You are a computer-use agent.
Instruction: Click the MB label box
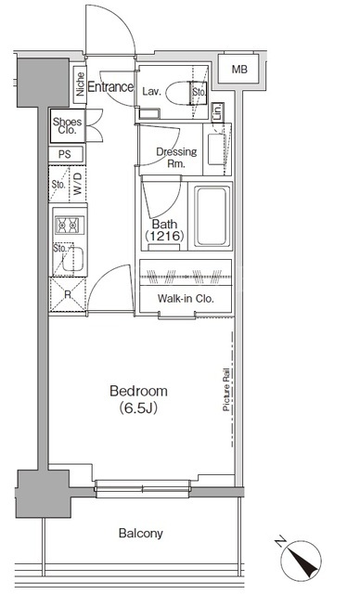click(238, 69)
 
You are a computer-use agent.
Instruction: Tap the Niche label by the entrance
click(80, 84)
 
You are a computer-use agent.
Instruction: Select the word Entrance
click(110, 86)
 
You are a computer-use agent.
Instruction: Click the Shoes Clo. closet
click(68, 126)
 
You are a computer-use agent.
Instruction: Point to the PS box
click(65, 154)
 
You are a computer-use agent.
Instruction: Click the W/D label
click(78, 184)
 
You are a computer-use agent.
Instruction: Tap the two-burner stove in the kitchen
click(70, 226)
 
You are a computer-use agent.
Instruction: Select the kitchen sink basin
click(73, 259)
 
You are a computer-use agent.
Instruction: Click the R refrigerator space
click(68, 294)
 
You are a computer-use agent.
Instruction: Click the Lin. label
click(217, 111)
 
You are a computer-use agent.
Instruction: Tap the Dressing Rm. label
click(176, 158)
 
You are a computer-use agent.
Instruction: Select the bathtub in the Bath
click(212, 215)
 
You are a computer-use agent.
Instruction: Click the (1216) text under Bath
click(164, 236)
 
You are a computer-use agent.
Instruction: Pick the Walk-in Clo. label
click(186, 299)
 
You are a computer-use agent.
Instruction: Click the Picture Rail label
click(226, 389)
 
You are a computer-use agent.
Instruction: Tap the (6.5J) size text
click(138, 408)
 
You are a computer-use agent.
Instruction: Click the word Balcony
click(141, 534)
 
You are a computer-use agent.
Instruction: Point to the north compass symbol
click(301, 560)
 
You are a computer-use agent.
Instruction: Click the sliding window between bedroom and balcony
click(142, 488)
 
